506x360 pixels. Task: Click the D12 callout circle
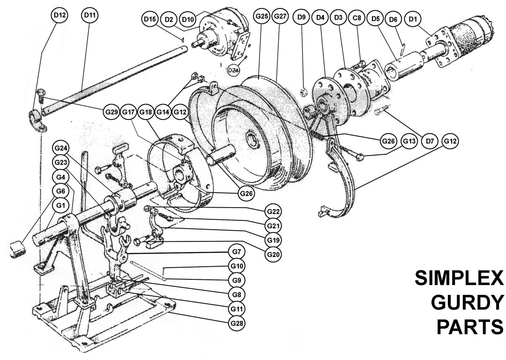(x=59, y=15)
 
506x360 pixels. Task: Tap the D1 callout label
(x=412, y=19)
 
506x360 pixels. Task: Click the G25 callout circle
(x=261, y=16)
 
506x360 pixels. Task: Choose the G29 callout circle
(x=111, y=112)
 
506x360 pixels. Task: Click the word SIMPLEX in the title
(x=459, y=279)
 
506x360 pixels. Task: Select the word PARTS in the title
(x=469, y=326)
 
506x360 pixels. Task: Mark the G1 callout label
(x=60, y=205)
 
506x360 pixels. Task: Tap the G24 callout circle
(x=60, y=148)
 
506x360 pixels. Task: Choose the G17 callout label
(x=129, y=112)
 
